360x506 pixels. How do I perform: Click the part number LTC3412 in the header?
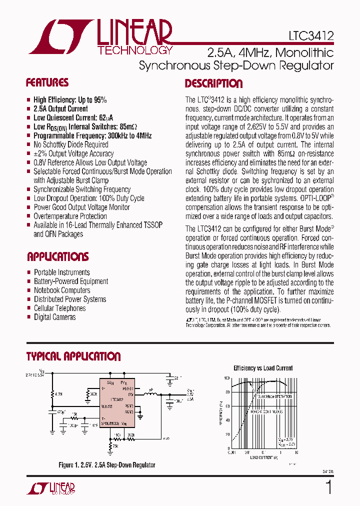tap(311, 36)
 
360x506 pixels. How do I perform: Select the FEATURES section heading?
tap(47, 82)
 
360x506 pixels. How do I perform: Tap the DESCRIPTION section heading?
tap(213, 83)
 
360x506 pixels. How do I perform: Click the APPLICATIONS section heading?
tap(57, 257)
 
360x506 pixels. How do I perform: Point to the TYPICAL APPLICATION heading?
tap(73, 356)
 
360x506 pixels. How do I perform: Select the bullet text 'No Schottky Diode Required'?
tap(71, 144)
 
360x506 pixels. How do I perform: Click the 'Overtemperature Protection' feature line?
tap(70, 216)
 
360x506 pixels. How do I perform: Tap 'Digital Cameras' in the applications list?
tap(55, 317)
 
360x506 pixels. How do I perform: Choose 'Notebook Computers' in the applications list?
tap(62, 290)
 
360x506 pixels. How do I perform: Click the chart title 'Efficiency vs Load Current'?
tap(263, 368)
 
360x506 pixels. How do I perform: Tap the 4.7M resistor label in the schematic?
tap(59, 394)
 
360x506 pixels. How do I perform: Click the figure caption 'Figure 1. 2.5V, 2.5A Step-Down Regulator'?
tap(106, 465)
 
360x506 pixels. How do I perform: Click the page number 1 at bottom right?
tap(328, 487)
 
